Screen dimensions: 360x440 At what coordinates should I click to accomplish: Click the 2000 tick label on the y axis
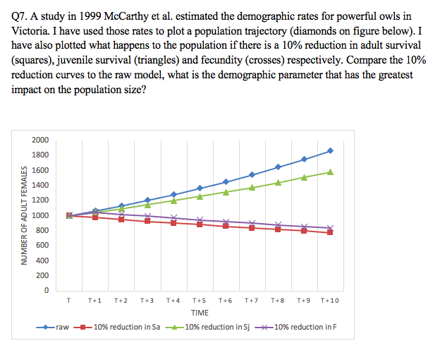pos(40,140)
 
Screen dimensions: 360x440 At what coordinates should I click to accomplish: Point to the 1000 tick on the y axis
pos(40,215)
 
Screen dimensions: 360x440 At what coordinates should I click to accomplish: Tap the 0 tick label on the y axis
pos(46,291)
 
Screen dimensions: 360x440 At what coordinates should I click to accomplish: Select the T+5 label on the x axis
pos(200,300)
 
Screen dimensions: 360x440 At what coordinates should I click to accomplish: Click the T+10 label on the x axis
pos(329,300)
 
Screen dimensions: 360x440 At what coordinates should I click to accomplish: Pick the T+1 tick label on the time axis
pos(96,300)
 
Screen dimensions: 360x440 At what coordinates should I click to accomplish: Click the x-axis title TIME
pos(200,312)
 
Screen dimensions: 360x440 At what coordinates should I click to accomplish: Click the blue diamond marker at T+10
pos(330,151)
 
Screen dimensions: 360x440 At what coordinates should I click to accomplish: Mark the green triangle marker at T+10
pos(330,172)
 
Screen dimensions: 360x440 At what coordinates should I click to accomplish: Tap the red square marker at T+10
pos(330,232)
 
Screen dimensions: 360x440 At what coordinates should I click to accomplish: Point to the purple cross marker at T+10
pos(330,228)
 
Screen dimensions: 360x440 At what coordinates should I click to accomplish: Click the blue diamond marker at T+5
pos(200,188)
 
